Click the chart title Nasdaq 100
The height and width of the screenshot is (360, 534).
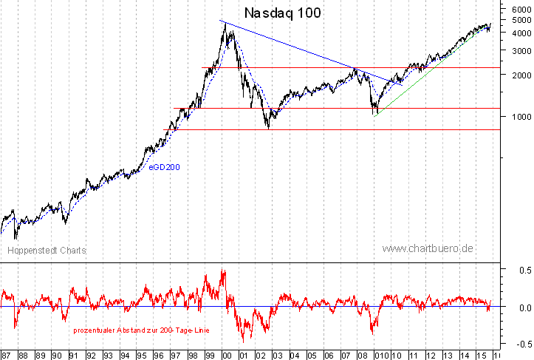point(283,13)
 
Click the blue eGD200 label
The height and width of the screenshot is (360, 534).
point(165,167)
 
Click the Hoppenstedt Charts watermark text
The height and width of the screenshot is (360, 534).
point(47,251)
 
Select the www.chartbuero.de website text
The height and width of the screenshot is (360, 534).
point(428,248)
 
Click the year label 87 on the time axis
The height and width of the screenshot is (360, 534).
point(7,355)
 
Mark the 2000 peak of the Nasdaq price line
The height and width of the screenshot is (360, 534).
point(224,23)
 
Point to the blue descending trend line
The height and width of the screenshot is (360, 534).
point(295,47)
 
